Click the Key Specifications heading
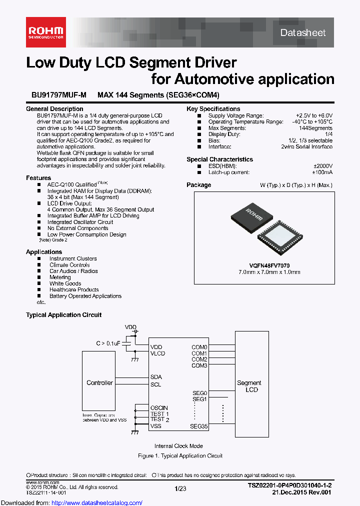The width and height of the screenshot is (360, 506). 213,109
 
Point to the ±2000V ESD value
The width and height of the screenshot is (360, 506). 322,166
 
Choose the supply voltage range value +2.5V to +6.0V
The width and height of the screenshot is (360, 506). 313,115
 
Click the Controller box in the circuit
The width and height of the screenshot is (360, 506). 99,383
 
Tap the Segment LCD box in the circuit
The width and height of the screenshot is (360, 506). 249,386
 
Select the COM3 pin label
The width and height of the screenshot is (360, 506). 199,365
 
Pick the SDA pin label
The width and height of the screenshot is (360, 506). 156,377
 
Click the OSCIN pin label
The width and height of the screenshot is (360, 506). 159,408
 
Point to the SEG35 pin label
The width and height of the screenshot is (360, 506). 198,426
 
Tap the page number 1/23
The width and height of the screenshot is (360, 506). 180,488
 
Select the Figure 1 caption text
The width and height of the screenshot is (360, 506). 180,456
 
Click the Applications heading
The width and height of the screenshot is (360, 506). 44,252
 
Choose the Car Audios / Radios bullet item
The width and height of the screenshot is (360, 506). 73,271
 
